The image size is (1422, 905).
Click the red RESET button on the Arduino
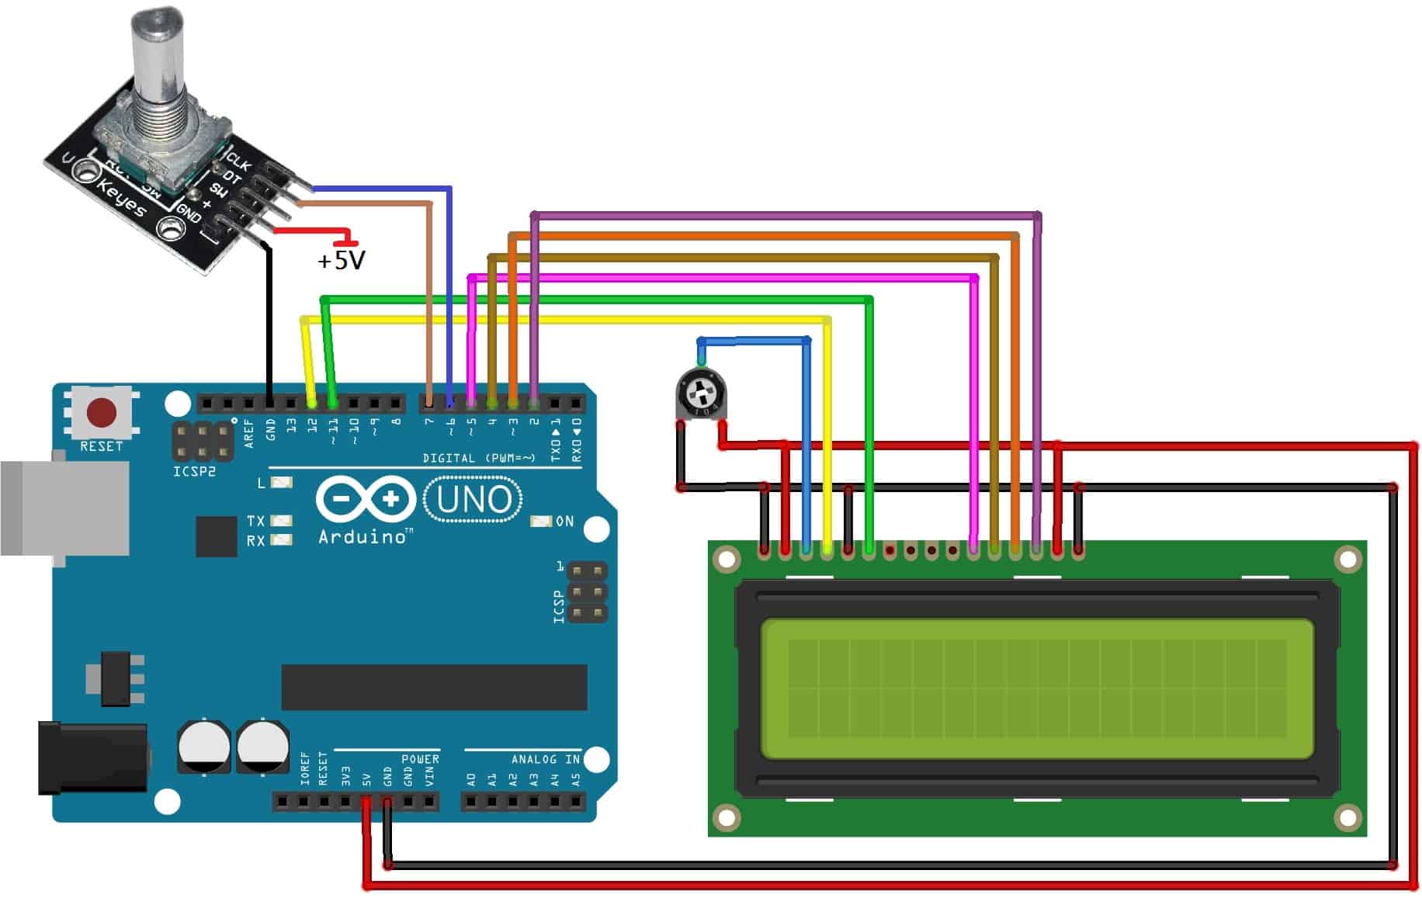102,412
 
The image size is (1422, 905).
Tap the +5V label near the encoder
341,260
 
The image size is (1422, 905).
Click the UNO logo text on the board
473,500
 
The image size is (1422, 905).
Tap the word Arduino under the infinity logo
362,536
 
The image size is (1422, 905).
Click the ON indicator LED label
564,522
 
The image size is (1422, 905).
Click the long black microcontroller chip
434,687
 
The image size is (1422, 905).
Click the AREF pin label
249,433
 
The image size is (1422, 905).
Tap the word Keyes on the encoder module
121,198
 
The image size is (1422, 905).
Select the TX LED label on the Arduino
255,521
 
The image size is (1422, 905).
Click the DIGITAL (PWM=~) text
479,458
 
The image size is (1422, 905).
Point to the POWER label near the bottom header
420,759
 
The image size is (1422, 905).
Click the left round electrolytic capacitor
203,746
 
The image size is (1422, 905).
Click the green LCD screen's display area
1036,688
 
